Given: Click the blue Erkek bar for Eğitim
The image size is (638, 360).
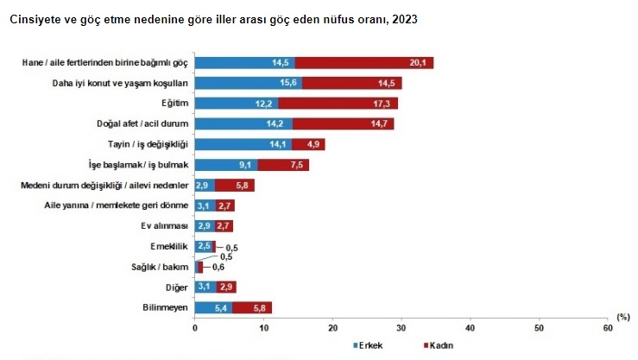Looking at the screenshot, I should click(x=237, y=104).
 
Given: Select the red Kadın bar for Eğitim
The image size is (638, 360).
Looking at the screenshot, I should click(x=338, y=104).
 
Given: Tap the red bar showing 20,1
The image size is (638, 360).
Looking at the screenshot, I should click(x=363, y=62).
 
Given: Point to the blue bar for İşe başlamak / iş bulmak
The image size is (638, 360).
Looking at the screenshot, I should click(x=226, y=165).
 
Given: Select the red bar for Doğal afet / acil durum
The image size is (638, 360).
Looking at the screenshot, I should click(x=343, y=123).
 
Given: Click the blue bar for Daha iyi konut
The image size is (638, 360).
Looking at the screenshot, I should click(x=249, y=83).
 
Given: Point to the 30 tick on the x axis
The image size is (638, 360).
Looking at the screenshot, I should click(x=401, y=328).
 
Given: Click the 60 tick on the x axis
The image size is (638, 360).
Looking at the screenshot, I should click(x=608, y=328).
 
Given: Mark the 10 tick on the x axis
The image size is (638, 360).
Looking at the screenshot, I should click(x=264, y=328).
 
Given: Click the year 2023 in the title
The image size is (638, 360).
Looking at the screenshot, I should click(x=403, y=18).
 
